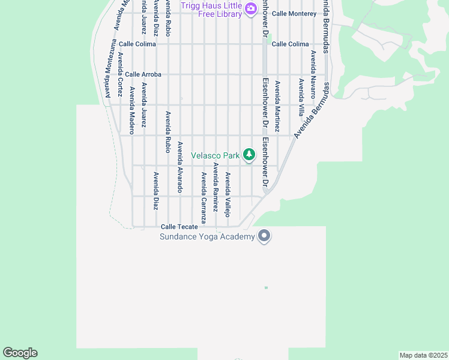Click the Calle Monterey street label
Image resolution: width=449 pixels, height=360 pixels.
point(294,13)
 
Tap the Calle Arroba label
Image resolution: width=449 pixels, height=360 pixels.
point(143,74)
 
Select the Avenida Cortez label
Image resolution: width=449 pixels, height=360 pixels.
point(120,75)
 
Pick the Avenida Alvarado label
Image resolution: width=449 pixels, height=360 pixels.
point(180,167)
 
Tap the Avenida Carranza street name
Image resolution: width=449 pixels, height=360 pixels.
point(204,198)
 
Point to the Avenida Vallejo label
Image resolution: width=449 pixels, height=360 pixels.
point(228,194)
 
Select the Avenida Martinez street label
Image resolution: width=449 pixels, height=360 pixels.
point(277,107)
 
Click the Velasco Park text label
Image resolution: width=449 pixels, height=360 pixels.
point(215,155)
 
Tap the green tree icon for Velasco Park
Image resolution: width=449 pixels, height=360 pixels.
point(249,155)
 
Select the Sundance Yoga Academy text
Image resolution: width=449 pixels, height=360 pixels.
point(207,236)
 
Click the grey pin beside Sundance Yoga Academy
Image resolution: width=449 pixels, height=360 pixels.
point(264,236)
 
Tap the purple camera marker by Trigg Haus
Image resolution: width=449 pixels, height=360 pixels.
point(250,10)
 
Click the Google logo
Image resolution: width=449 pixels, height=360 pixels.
point(20,353)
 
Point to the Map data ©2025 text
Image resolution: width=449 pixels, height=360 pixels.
point(423,355)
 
